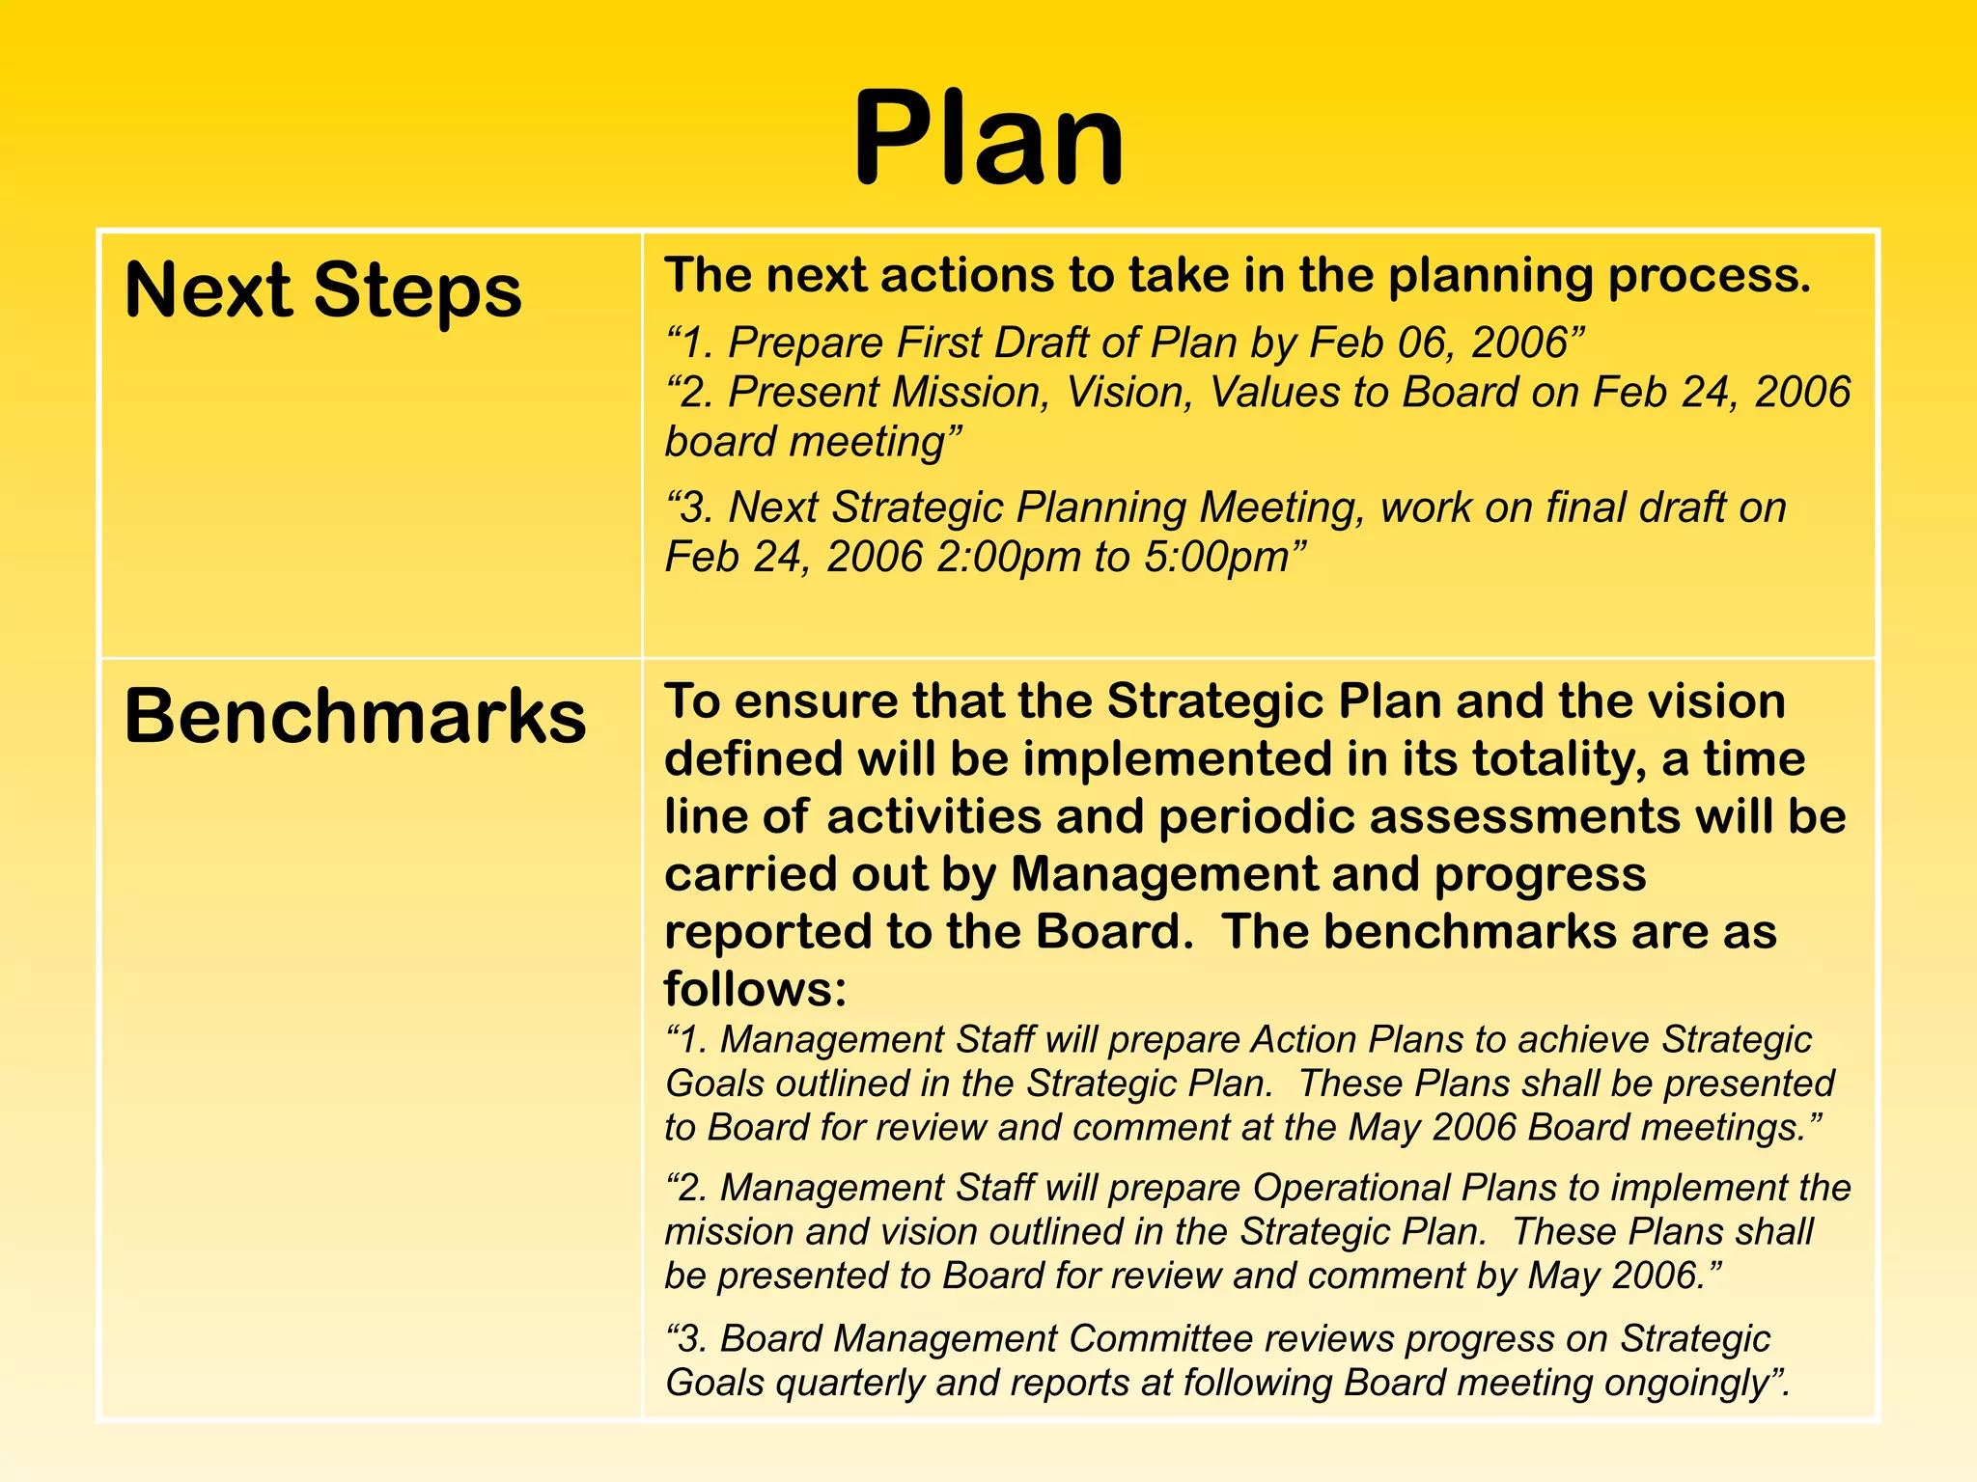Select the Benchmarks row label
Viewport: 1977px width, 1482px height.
[354, 716]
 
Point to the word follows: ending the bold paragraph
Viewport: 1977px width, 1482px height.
[755, 989]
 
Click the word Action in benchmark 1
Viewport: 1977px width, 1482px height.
[1303, 1040]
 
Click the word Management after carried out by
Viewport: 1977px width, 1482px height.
[1163, 874]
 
